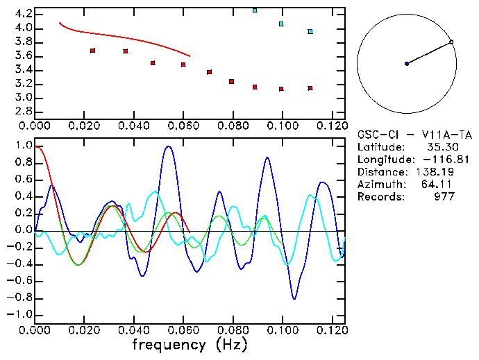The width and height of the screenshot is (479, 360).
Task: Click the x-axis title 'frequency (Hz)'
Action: (x=190, y=344)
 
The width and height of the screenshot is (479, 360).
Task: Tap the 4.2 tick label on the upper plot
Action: (x=23, y=14)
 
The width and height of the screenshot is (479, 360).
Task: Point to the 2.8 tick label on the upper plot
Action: (x=23, y=112)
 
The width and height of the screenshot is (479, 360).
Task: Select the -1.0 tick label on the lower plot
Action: (x=20, y=314)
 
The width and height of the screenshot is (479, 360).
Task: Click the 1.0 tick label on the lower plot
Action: (x=23, y=146)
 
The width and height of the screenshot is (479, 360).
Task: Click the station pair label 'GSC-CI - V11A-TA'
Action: (x=414, y=135)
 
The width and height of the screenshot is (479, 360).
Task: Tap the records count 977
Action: (x=443, y=197)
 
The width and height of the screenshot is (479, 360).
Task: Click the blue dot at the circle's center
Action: (x=407, y=64)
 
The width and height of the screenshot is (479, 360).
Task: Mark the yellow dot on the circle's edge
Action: (x=451, y=42)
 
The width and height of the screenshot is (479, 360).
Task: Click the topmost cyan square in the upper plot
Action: (x=255, y=10)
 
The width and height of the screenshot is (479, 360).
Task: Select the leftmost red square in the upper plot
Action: (x=92, y=51)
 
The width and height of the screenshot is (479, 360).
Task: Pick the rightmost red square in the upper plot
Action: (x=310, y=88)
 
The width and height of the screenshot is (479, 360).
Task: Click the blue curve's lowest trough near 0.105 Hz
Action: (x=294, y=298)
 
